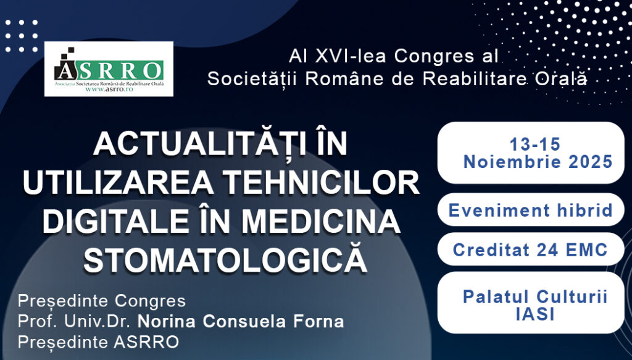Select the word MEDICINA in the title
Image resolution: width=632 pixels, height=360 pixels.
330,222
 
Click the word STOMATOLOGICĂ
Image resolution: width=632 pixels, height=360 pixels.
225,260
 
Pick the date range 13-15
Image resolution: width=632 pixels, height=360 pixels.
534,144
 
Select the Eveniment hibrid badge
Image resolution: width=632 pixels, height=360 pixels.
530,210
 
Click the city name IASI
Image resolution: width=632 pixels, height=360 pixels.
535,314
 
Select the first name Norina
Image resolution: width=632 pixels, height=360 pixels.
163,322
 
